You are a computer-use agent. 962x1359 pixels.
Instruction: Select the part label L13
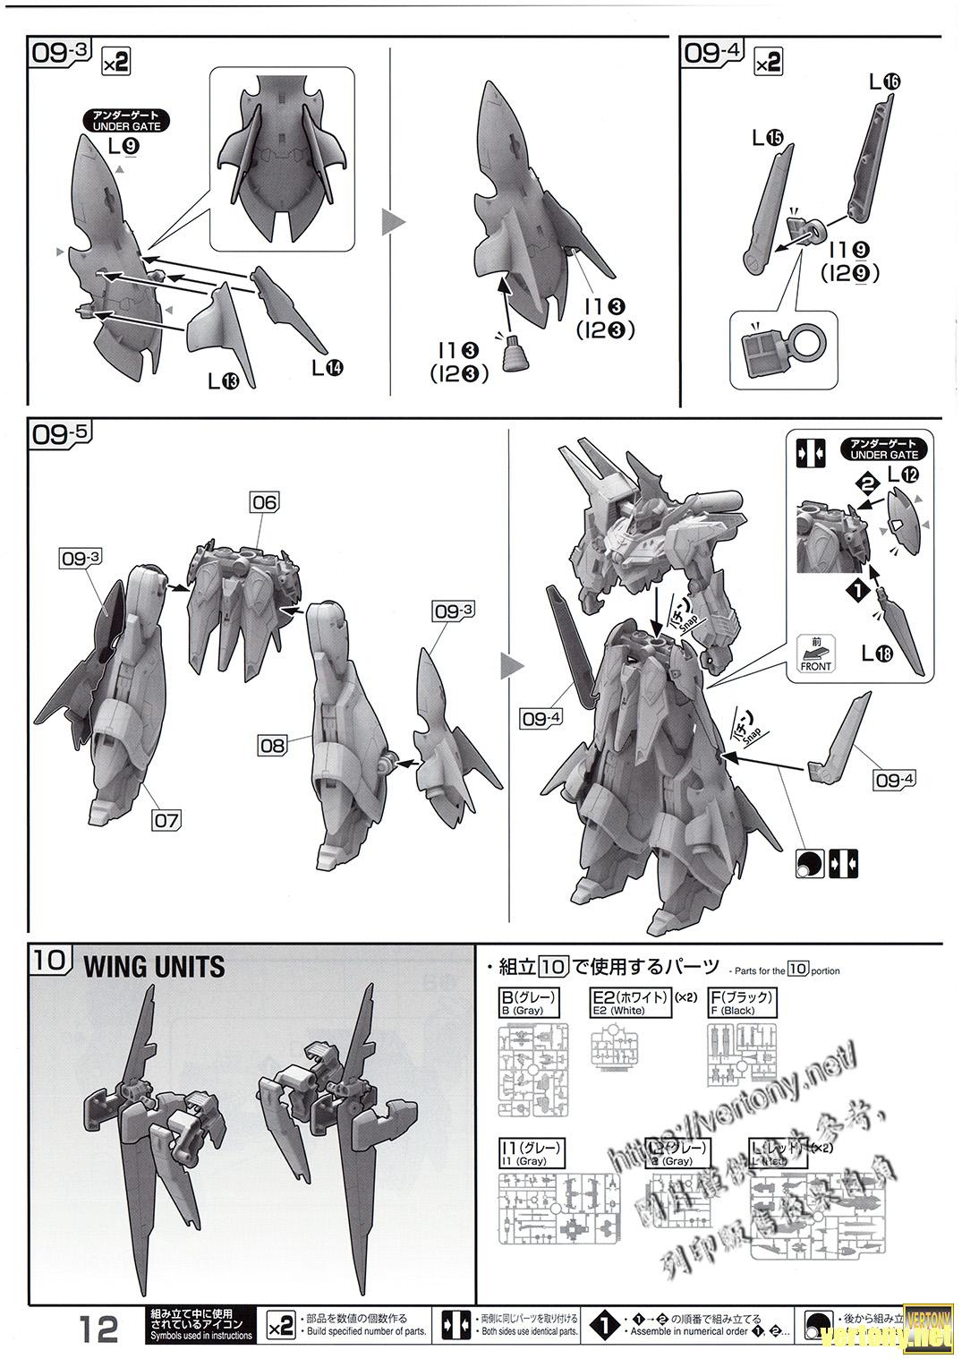223,381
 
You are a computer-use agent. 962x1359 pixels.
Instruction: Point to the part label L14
327,367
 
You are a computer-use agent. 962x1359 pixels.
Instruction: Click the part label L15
767,138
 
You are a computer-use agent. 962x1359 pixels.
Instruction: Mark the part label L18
877,654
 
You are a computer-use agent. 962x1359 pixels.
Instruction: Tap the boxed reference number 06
265,502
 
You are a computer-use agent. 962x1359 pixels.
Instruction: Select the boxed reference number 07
166,818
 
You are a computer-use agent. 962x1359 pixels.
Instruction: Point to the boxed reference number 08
272,744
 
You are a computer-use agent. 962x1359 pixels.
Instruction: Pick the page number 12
98,1329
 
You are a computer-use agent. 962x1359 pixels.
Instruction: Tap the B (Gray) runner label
531,1002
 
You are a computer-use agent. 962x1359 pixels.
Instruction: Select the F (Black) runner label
741,1002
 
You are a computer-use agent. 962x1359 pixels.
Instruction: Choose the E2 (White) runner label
631,1002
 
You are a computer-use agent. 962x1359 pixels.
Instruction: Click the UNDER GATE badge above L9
126,121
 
